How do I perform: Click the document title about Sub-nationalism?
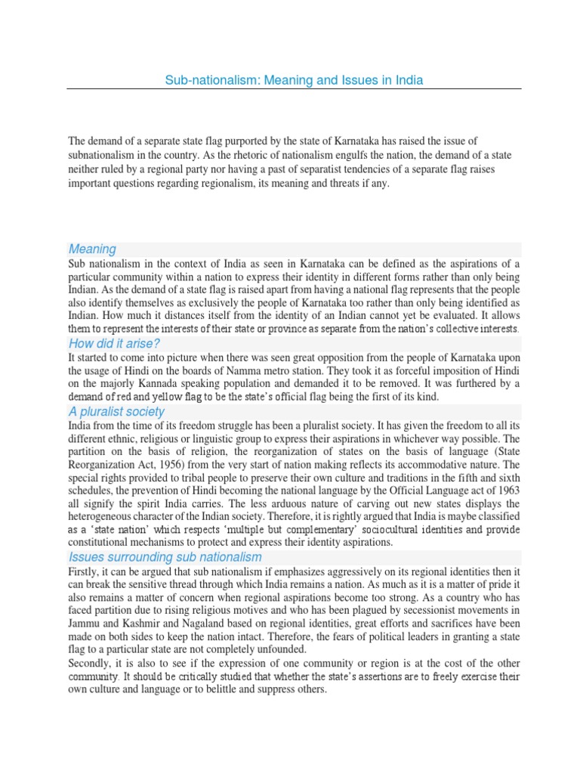click(294, 79)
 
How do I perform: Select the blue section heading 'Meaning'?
click(92, 249)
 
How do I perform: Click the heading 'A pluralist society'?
click(116, 412)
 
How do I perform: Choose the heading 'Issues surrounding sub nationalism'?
click(165, 557)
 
